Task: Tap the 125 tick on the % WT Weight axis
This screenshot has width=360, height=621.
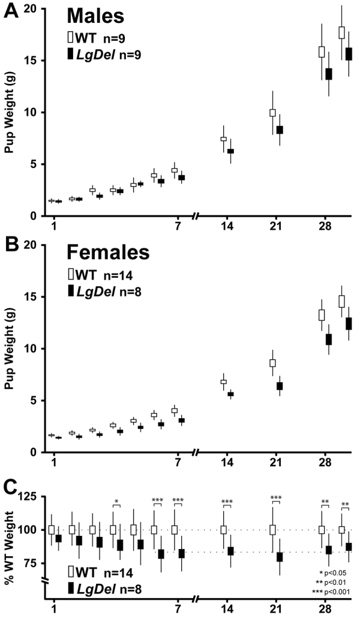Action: pyautogui.click(x=28, y=497)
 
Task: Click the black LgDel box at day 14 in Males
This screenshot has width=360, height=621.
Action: pyautogui.click(x=230, y=151)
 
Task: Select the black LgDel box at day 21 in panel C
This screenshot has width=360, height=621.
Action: pyautogui.click(x=279, y=557)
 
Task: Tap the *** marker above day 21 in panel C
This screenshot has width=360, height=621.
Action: pyautogui.click(x=275, y=498)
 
